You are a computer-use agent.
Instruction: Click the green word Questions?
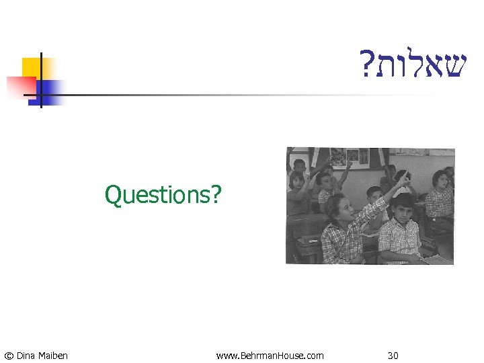pyautogui.click(x=163, y=196)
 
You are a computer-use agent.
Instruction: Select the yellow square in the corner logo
pyautogui.click(x=32, y=68)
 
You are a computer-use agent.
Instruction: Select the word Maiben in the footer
pyautogui.click(x=54, y=355)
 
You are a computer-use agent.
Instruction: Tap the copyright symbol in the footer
pyautogui.click(x=8, y=355)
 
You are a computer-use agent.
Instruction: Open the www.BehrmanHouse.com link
pyautogui.click(x=270, y=355)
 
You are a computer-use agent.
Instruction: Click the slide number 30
pyautogui.click(x=393, y=355)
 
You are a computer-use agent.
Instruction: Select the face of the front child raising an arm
pyautogui.click(x=339, y=206)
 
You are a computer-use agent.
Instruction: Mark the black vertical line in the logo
pyautogui.click(x=40, y=79)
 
